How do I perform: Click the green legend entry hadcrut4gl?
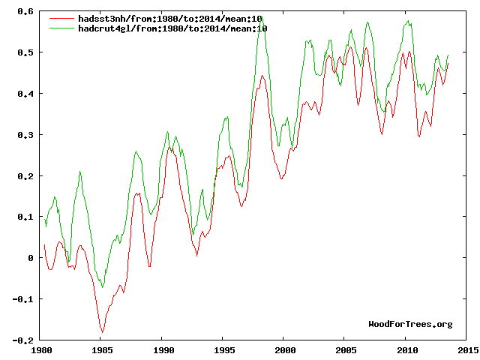172,28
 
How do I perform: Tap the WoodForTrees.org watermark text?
410,324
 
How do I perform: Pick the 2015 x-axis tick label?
466,350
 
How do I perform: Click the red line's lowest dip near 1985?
102,331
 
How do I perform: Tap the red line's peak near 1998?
262,76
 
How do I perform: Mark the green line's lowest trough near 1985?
102,287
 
